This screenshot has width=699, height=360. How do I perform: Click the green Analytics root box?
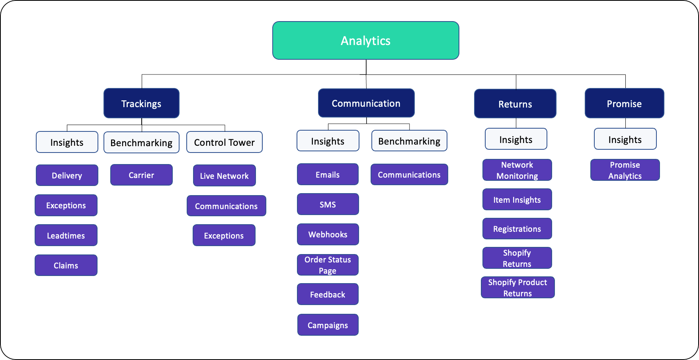pos(365,41)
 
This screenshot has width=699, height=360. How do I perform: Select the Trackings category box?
pos(141,104)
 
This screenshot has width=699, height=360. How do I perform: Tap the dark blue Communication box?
pos(366,103)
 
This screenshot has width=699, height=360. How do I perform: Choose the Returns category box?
pos(515,104)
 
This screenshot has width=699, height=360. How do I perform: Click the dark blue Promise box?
pos(624,104)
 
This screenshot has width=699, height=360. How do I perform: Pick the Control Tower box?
pos(224,142)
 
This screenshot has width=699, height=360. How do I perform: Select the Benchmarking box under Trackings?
pos(141,143)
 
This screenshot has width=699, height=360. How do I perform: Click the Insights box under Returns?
pos(516,139)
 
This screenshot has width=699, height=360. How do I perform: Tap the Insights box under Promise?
pos(625,139)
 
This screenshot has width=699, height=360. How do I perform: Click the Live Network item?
pos(224,176)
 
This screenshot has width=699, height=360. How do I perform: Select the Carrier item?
pos(141,175)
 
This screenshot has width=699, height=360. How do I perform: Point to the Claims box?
pos(66,265)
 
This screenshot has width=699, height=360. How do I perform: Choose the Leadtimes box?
pos(66,235)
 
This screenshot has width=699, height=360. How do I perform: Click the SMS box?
pos(328,204)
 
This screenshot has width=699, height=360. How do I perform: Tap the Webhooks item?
pos(328,234)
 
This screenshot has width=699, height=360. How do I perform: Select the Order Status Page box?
pos(328,265)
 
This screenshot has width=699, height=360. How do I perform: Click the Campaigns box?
pos(328,325)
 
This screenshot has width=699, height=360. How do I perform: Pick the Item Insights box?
pos(517,200)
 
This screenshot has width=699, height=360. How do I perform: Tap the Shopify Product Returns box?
pos(517,288)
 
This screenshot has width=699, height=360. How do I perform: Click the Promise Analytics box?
pos(625,170)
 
